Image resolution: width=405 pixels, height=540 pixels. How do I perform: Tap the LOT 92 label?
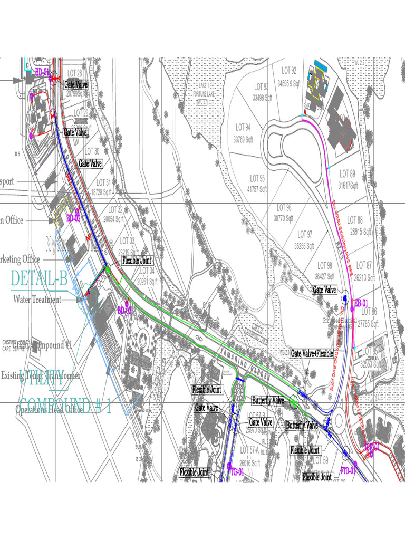pyautogui.click(x=289, y=70)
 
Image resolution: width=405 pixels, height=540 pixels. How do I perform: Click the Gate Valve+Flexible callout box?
pyautogui.click(x=312, y=354)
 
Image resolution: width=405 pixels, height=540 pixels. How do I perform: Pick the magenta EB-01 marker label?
pyautogui.click(x=361, y=302)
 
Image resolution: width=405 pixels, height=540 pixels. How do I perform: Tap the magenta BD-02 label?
pyautogui.click(x=73, y=217)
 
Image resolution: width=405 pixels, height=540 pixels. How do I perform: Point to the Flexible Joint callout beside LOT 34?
pyautogui.click(x=137, y=261)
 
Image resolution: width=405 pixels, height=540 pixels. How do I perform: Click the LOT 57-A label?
pyautogui.click(x=249, y=450)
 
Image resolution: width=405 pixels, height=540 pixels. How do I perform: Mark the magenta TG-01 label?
pyautogui.click(x=237, y=471)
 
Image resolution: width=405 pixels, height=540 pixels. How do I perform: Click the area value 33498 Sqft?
pyautogui.click(x=262, y=98)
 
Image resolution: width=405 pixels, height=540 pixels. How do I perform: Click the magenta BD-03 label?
pyautogui.click(x=124, y=311)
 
